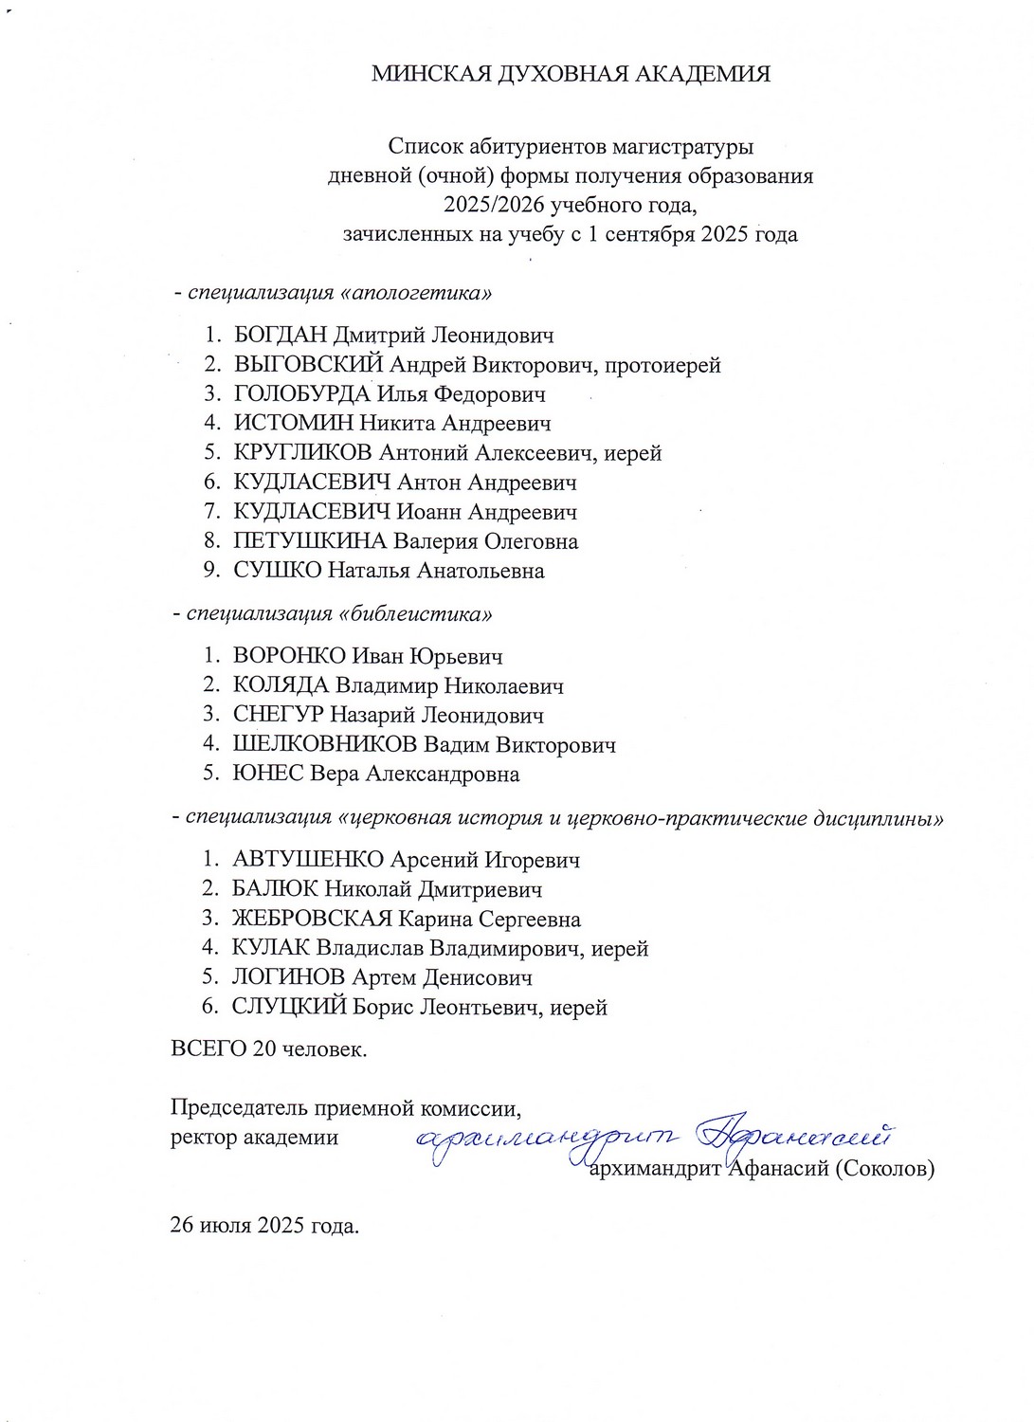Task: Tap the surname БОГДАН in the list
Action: click(280, 336)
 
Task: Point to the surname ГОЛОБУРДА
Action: click(301, 394)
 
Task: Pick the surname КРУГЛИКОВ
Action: click(305, 453)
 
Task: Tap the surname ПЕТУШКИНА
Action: click(310, 541)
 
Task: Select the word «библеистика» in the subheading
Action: click(415, 613)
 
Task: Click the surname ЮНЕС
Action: click(268, 774)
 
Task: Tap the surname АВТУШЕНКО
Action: click(308, 860)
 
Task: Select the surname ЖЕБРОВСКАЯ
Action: click(312, 919)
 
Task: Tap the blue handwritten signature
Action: click(654, 1137)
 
